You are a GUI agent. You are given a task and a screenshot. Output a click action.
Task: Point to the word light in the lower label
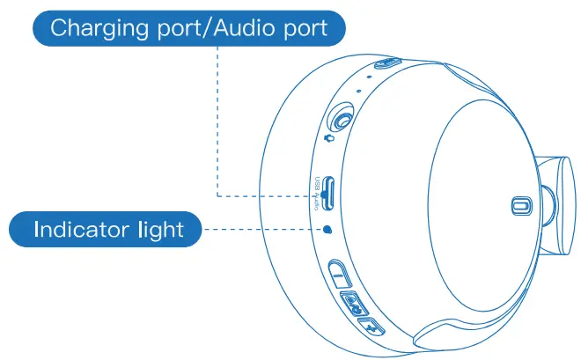[160, 231]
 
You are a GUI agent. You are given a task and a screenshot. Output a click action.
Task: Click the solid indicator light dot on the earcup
[327, 230]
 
